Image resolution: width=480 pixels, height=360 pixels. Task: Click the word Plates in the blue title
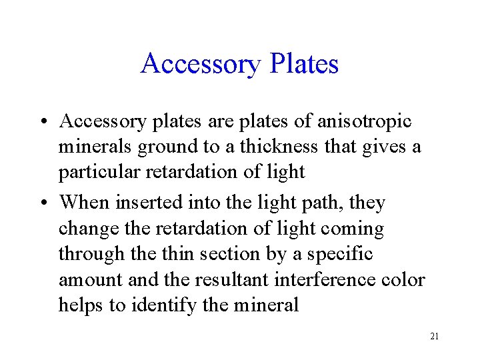[x=303, y=64]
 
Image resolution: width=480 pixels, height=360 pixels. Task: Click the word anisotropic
[x=363, y=121]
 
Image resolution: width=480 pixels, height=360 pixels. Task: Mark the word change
[x=87, y=229]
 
